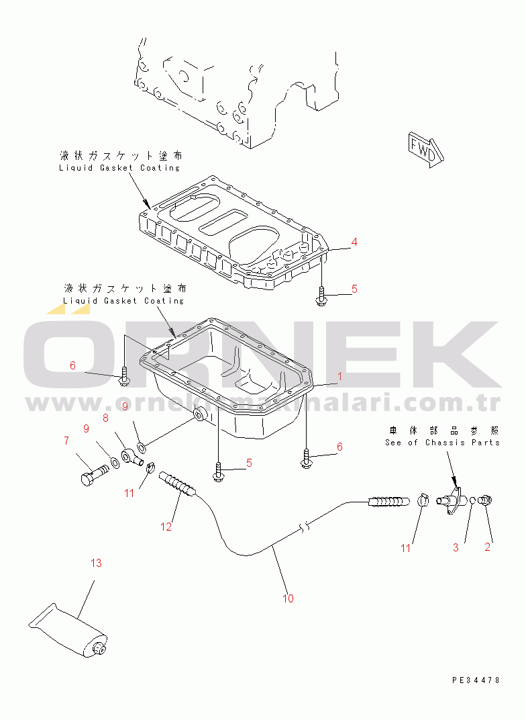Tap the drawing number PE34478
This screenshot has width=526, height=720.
pos(476,680)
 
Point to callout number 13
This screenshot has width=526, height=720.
pos(97,563)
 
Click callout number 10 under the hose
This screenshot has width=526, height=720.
pos(288,598)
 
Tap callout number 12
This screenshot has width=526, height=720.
pos(166,527)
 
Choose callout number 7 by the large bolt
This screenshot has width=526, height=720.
pos(66,441)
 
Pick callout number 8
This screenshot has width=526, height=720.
pos(105,418)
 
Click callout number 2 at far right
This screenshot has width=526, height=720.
pos(488,547)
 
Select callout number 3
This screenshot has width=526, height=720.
pos(456,547)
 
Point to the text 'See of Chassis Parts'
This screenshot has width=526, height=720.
pos(442,443)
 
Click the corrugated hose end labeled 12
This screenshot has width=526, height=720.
pos(178,485)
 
